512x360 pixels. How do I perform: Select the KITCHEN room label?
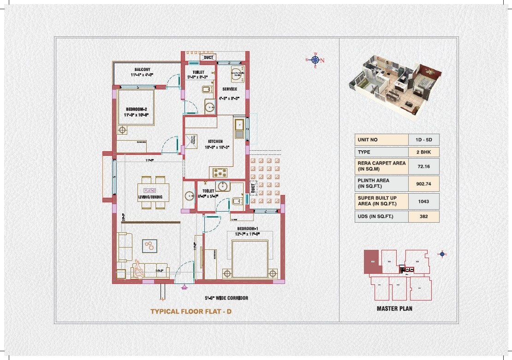(215, 142)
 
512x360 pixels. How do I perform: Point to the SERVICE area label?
(230, 89)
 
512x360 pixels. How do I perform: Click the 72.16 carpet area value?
(423, 166)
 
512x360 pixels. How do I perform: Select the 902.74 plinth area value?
(423, 183)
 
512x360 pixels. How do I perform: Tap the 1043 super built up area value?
(423, 201)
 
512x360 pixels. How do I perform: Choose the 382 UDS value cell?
(423, 217)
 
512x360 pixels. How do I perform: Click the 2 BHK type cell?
(423, 152)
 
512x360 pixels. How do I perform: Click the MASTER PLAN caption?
(394, 308)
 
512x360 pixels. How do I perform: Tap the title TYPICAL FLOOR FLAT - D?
(191, 312)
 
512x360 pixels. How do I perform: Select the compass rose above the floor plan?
(316, 60)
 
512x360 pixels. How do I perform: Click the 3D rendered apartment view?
(394, 83)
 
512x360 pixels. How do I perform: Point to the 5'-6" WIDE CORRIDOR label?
(226, 298)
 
